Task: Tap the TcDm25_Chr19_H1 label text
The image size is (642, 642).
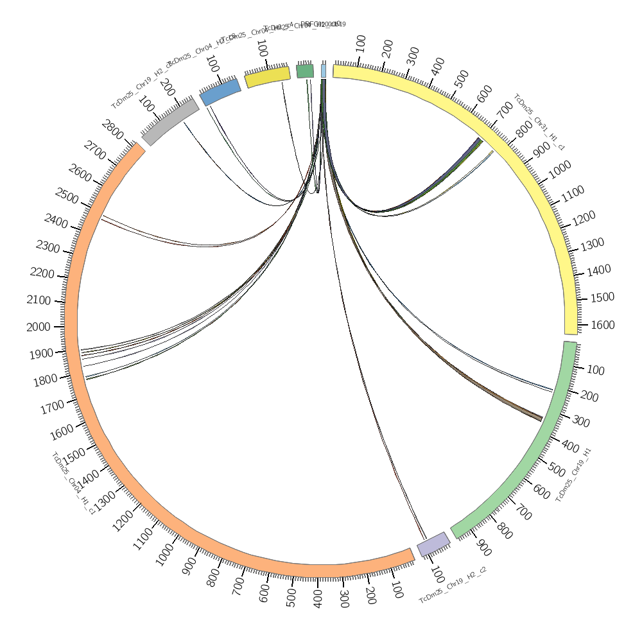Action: pos(573,475)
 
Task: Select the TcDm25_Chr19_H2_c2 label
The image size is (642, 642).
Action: pos(453,586)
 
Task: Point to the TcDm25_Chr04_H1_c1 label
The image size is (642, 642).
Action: pos(73,483)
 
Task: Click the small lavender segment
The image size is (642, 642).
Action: pos(433,544)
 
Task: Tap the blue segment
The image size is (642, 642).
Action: pos(220,92)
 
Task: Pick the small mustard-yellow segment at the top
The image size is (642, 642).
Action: pos(268,76)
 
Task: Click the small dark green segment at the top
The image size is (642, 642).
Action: pos(305,71)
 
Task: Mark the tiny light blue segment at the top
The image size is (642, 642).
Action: pos(324,71)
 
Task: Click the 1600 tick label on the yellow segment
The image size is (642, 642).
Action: pos(602,325)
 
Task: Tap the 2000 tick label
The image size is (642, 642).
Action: pos(39,327)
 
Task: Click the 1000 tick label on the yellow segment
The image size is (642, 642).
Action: pos(560,169)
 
